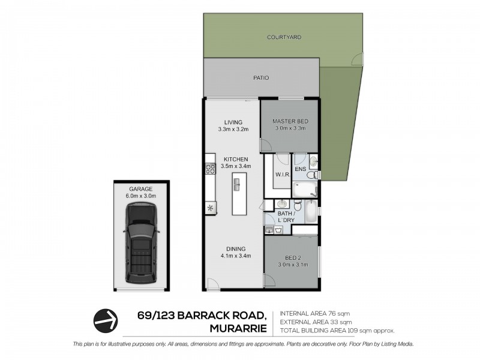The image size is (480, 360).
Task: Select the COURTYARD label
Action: click(284, 37)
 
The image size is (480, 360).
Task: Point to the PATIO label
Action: click(260, 77)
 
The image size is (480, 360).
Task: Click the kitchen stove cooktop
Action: click(210, 167)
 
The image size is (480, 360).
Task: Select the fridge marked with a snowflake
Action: click(210, 208)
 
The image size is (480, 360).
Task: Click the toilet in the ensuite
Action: click(313, 162)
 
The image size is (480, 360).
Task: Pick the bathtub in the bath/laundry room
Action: click(311, 212)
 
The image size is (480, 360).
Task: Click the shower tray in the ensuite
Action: click(305, 190)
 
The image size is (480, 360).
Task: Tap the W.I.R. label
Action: click(283, 175)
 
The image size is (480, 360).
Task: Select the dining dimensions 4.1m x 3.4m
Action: click(235, 256)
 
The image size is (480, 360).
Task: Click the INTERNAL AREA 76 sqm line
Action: click(316, 314)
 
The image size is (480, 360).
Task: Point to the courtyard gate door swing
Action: click(356, 59)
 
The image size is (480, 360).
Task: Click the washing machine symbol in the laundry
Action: click(279, 229)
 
